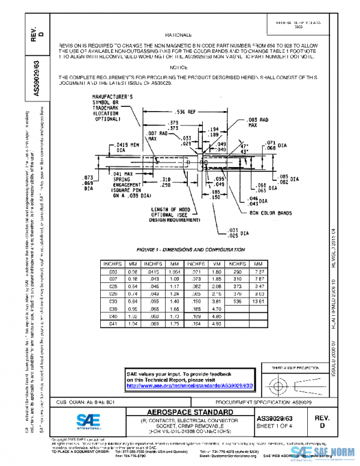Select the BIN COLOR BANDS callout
pos(271,212)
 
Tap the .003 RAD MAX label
pos(259,123)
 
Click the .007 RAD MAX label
pos(151,135)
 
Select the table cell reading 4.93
pos(217,323)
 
